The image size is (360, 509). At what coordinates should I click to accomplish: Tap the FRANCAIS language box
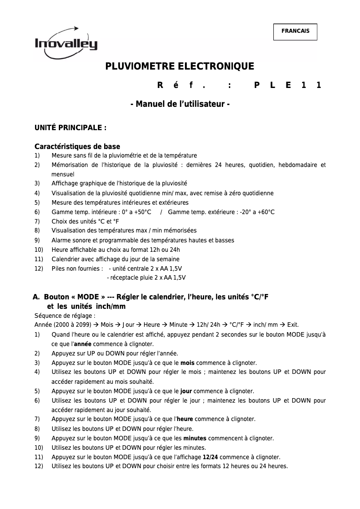295,31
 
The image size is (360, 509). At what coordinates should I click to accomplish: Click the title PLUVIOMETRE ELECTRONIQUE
180,67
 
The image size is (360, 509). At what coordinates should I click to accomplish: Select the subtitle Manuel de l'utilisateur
180,104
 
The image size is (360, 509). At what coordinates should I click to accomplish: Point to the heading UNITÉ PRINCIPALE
70,128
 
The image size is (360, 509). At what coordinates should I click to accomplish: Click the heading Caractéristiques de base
77,147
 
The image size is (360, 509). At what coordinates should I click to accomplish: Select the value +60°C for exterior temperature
264,212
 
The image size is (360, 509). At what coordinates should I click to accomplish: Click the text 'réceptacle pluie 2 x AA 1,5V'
147,278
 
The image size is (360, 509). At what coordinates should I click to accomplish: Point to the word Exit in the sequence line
292,325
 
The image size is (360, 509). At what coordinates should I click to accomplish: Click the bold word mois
187,363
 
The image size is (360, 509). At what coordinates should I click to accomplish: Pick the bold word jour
186,391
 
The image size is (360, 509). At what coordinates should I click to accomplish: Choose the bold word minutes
195,438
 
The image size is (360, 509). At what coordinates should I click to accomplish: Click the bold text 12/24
211,457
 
